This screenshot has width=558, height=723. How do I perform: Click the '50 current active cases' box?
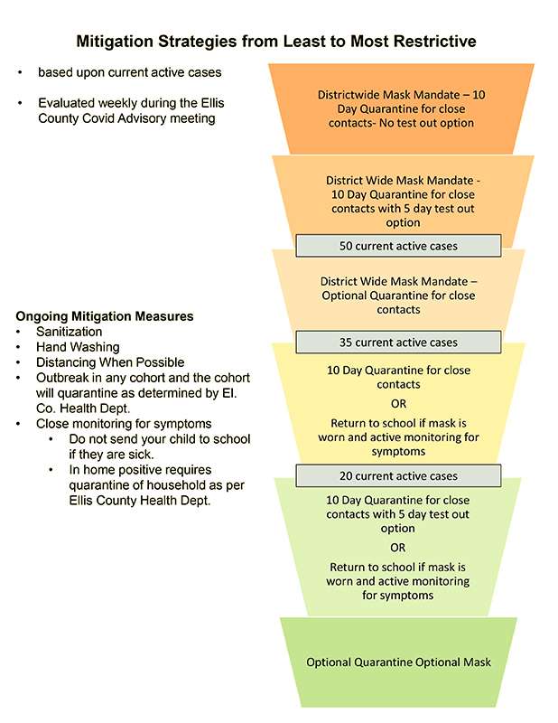pyautogui.click(x=398, y=246)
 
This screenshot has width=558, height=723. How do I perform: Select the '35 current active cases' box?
pyautogui.click(x=398, y=343)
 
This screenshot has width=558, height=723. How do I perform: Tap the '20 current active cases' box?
pyautogui.click(x=398, y=476)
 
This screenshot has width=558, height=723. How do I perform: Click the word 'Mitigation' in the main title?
pyautogui.click(x=115, y=42)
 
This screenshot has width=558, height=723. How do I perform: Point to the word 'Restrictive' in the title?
pyautogui.click(x=435, y=41)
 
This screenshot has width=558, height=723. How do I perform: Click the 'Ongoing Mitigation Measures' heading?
pyautogui.click(x=105, y=316)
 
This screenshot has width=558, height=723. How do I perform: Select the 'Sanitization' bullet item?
pyautogui.click(x=70, y=332)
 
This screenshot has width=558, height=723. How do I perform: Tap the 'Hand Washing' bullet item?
pyautogui.click(x=78, y=347)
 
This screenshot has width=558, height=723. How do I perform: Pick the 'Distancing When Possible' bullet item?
pyautogui.click(x=110, y=362)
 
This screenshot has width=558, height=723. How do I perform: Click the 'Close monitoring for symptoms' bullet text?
pyautogui.click(x=124, y=423)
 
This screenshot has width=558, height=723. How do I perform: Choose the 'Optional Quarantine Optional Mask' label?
pyautogui.click(x=398, y=662)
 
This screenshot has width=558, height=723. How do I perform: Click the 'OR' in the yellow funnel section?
pyautogui.click(x=398, y=403)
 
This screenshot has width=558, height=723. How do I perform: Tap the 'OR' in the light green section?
pyautogui.click(x=397, y=548)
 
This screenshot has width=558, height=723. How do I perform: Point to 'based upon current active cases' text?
pyautogui.click(x=129, y=72)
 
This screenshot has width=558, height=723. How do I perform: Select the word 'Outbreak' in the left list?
pyautogui.click(x=62, y=378)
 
